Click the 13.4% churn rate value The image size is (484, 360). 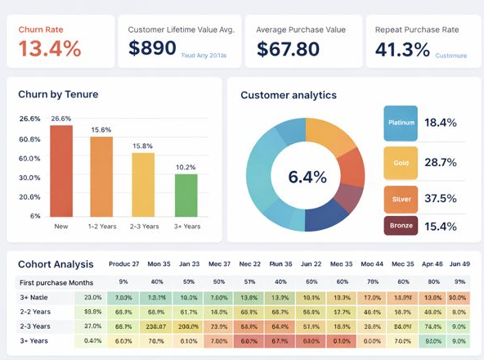pos(50,48)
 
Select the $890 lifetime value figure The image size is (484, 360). pos(152,48)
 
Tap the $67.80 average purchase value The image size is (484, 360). pos(288,49)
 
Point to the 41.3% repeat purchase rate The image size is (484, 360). pos(402,49)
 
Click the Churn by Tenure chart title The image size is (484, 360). pos(58,94)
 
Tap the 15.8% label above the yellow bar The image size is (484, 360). pos(143,146)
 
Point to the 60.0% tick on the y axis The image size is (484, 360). pos(29,158)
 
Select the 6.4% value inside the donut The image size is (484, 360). pos(307,177)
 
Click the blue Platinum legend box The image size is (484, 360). pos(401,123)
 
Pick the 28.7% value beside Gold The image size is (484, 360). pos(441,163)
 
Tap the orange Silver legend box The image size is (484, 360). pos(401,198)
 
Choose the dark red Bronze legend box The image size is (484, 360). pos(401,226)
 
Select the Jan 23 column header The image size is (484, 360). pos(189,265)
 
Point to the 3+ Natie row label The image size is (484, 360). pos(34,298)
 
